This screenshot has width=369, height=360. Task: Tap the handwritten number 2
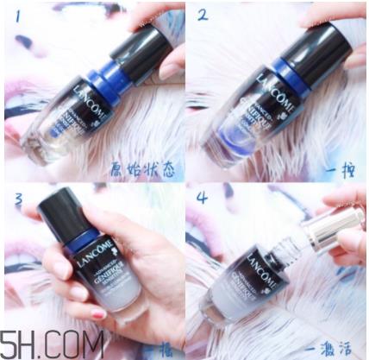pos(203,16)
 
